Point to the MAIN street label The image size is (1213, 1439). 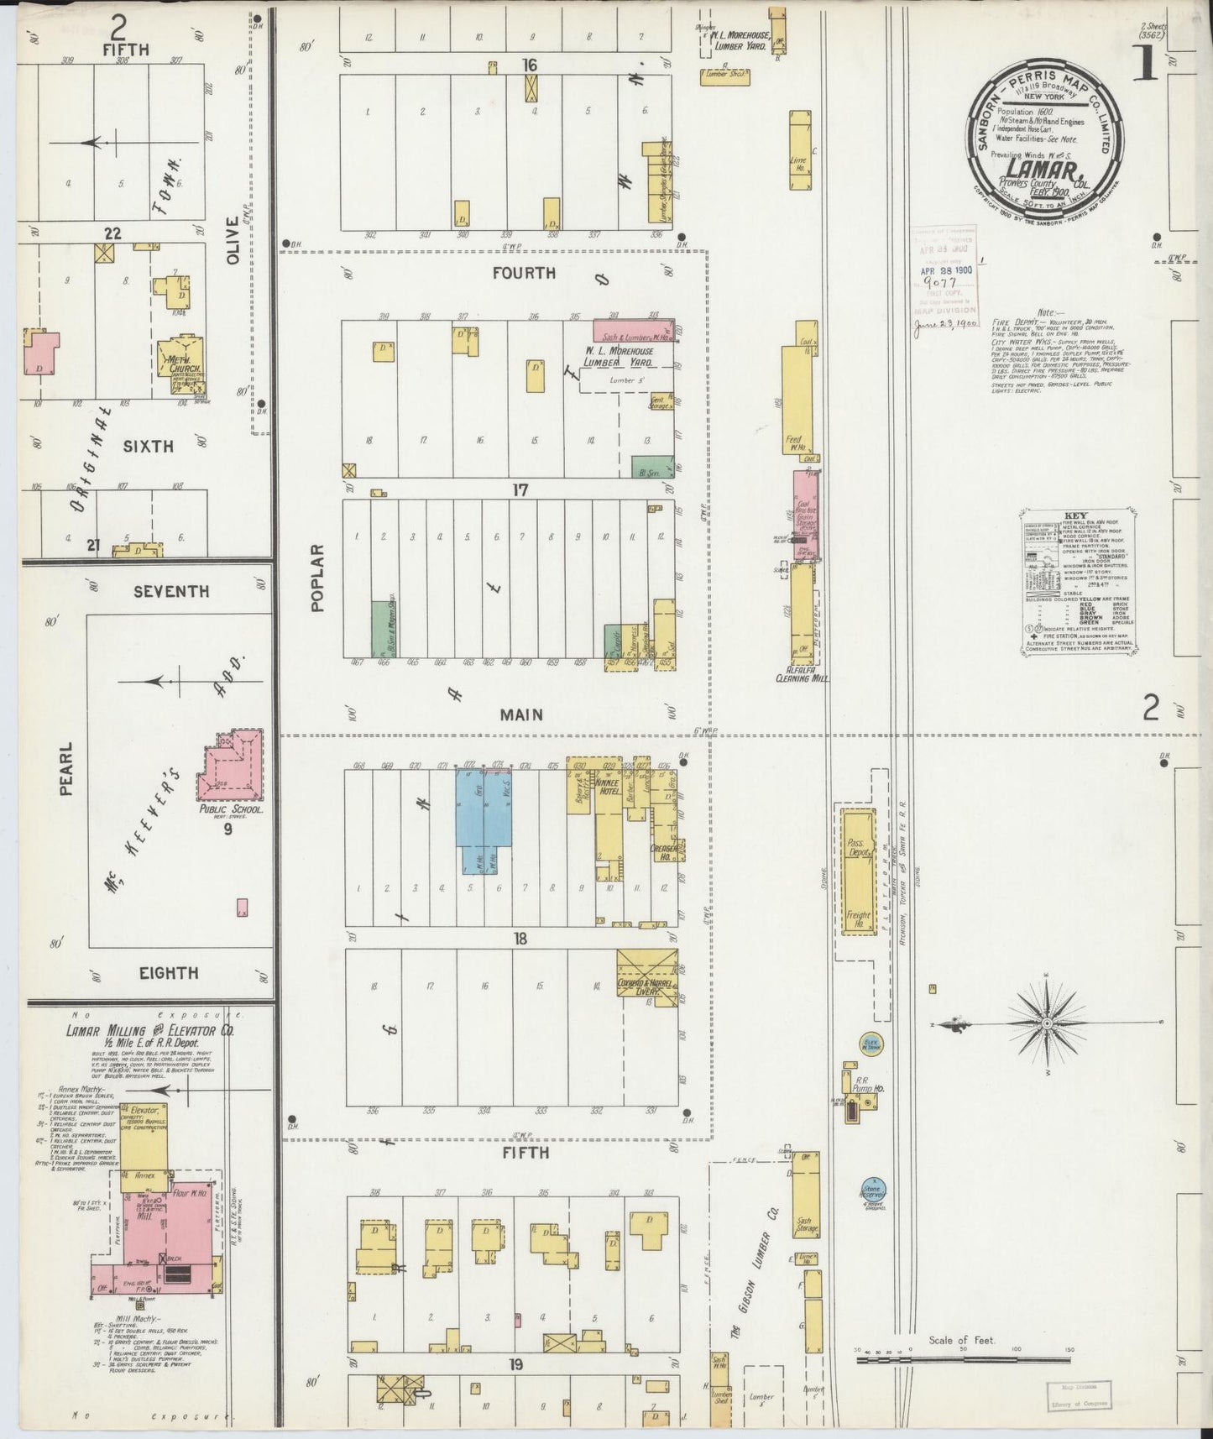[x=521, y=714]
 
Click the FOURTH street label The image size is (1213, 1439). [x=524, y=272]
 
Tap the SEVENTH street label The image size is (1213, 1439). [x=171, y=591]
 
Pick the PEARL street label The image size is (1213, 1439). [x=66, y=768]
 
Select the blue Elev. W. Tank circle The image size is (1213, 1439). [x=869, y=1044]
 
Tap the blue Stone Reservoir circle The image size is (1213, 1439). [x=873, y=1189]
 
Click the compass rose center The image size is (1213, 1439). [x=1047, y=1024]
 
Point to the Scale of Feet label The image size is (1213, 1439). [x=961, y=1339]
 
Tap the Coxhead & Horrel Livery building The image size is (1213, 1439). [x=647, y=974]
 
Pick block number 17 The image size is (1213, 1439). [x=520, y=489]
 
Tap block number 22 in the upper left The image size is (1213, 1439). [x=112, y=233]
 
